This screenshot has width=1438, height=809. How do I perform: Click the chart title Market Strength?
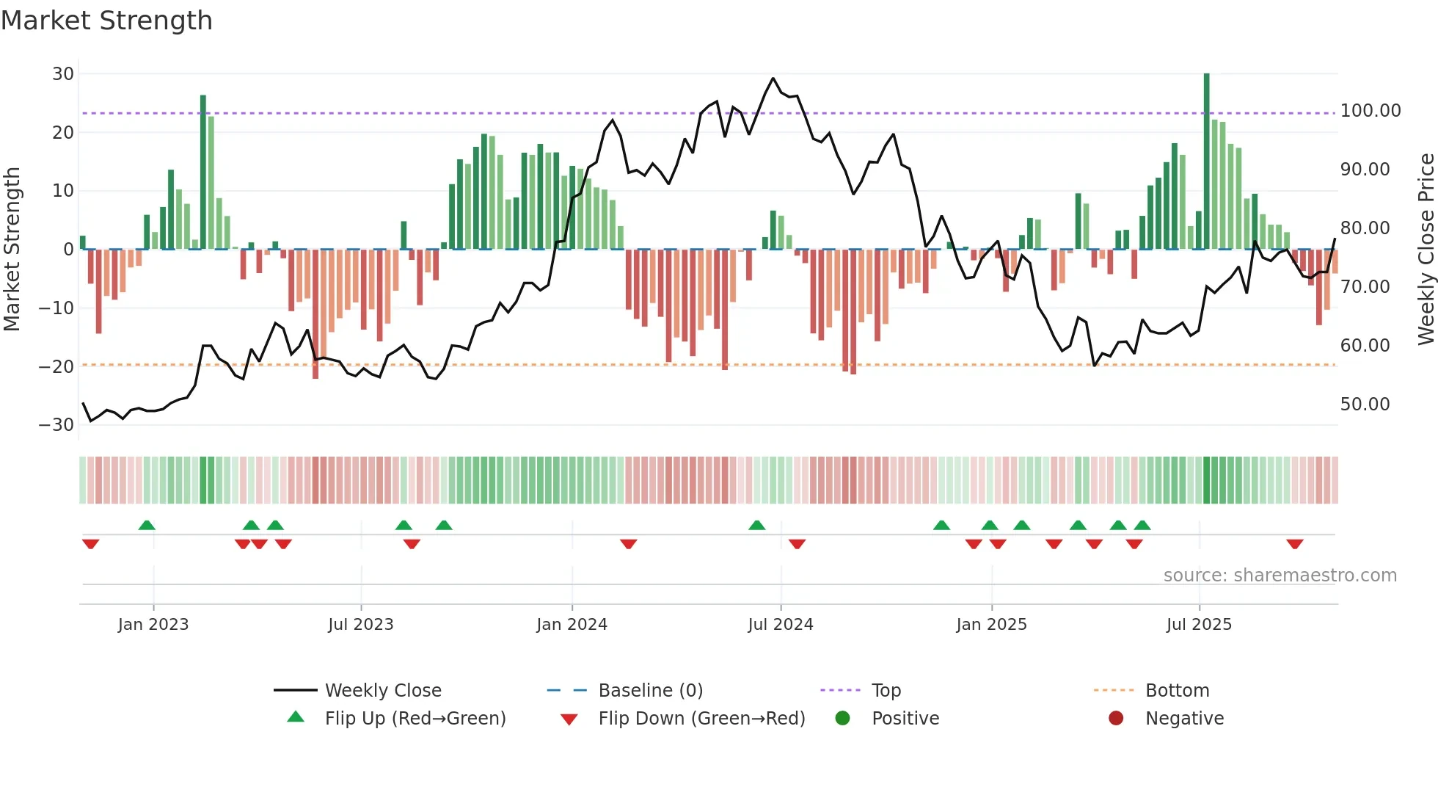106,21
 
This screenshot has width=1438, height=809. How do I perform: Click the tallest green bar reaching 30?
1206,162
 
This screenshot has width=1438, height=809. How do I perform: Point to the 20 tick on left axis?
63,133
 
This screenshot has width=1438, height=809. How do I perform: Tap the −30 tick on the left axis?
56,425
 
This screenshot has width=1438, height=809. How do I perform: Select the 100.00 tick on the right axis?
1370,111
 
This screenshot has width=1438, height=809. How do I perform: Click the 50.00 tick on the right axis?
1365,404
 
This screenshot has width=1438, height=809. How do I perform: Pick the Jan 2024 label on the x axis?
572,625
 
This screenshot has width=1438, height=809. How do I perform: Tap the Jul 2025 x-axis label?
1199,625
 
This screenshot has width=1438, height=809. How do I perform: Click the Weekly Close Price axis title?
1426,250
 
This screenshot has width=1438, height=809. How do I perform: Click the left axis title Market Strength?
12,250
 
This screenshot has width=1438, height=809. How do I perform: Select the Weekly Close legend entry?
382,691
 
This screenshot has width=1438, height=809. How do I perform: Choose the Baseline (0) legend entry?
650,691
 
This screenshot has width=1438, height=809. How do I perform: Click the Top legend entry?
886,691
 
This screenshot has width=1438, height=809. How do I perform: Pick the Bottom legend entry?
1177,691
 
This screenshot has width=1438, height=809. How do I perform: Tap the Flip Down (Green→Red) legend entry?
701,719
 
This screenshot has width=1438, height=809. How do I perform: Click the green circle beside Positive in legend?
842,719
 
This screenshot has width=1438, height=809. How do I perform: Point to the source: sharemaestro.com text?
1280,576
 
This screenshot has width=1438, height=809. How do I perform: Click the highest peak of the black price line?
773,79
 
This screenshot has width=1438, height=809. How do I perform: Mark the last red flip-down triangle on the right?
1294,544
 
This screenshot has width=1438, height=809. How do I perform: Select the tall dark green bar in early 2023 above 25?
203,173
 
